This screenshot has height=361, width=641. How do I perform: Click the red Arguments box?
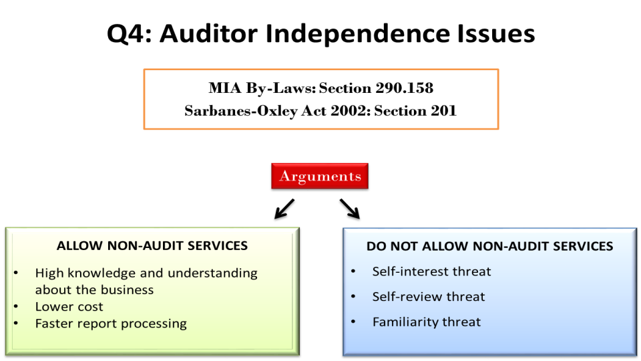coord(320,176)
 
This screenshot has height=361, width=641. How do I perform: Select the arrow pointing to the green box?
coord(284,209)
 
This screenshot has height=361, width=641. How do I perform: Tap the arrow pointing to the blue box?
coord(349,209)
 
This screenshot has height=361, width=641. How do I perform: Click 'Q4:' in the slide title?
coord(129,33)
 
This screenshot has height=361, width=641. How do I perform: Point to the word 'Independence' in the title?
coord(358,33)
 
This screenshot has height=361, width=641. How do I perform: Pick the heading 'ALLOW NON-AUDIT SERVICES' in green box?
coord(152,245)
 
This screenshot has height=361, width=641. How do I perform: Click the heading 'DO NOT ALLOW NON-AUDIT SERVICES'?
coord(489,246)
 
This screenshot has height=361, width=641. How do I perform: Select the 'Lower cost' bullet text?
coord(69,307)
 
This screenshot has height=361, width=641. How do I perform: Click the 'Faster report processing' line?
coord(111,324)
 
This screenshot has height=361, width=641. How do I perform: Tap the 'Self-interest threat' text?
coord(431,271)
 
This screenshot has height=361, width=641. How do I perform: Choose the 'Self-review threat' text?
coord(429,296)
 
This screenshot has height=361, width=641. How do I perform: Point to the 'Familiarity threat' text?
coord(427,322)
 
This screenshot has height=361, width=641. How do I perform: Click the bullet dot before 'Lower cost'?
coord(16,307)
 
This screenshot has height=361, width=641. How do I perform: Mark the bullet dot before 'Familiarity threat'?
coord(354,322)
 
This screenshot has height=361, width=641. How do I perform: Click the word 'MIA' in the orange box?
coord(225,88)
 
